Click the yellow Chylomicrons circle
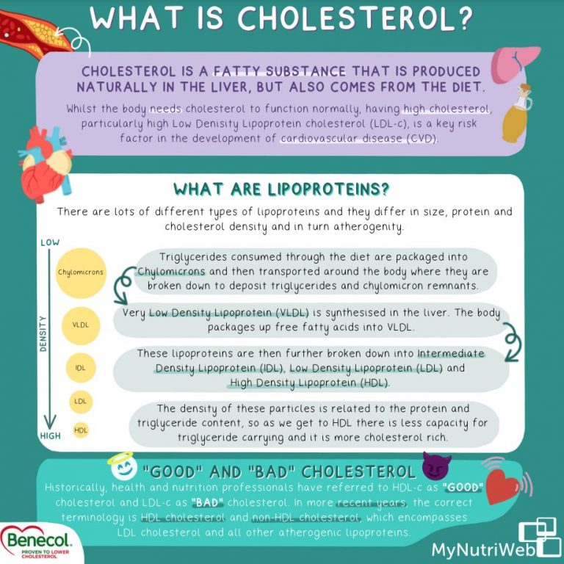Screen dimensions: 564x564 [x=81, y=273]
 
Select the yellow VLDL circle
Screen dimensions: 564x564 [x=81, y=325]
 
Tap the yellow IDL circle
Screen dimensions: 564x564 [x=81, y=368]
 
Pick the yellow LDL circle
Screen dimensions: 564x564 [x=81, y=402]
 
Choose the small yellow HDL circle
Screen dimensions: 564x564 [x=81, y=430]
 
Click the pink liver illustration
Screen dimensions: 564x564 [x=514, y=65]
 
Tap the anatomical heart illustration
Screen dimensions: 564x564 [x=46, y=164]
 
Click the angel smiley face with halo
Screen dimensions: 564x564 [x=123, y=466]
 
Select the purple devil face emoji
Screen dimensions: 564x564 [x=436, y=466]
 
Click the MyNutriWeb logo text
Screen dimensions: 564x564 [x=482, y=550]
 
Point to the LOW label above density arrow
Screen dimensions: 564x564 [x=50, y=242]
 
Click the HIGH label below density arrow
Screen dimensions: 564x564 [x=51, y=436]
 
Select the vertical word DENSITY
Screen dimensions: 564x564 [x=43, y=334]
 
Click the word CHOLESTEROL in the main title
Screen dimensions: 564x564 [x=355, y=18]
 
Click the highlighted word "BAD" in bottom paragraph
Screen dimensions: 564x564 [x=207, y=502]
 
